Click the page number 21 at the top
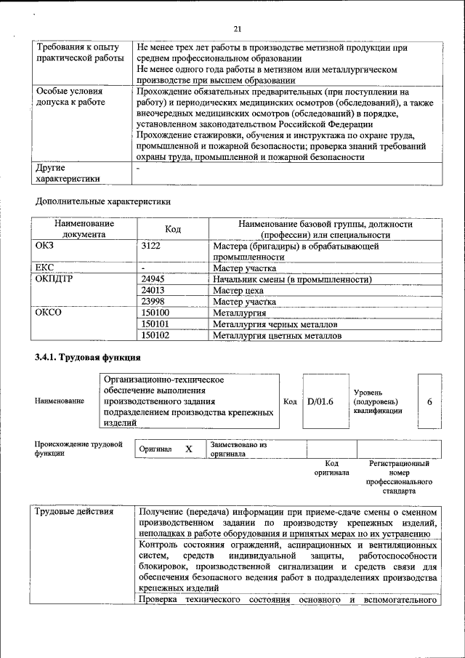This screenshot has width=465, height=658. pos(237,29)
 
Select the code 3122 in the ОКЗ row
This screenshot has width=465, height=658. pos(150,246)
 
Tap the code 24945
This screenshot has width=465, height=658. pos(153,279)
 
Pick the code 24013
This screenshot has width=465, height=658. pos(153,291)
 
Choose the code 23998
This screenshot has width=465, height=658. pos(153,302)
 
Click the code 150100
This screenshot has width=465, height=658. pos(155,313)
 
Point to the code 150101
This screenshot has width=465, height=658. pos(155,324)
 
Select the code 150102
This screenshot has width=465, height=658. pos(155,335)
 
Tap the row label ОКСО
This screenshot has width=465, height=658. pos(49,313)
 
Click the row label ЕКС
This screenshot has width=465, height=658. pos(44,268)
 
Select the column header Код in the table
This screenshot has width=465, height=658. pos(172,230)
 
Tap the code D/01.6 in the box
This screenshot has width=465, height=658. pos(320,401)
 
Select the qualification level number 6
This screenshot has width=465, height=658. pos(429,401)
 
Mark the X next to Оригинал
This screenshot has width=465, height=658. pos(188,449)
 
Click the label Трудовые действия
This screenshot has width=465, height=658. pos(74,512)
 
